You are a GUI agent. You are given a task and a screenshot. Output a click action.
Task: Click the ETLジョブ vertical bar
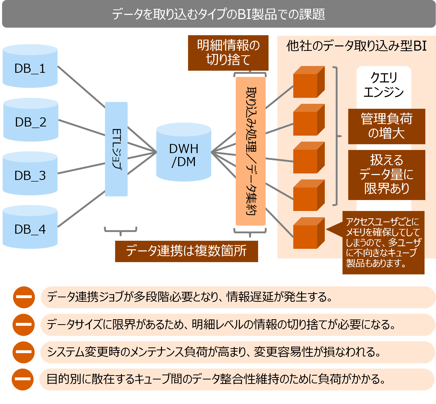point(116,149)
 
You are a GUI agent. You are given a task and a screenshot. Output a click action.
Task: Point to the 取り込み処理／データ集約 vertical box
point(251,151)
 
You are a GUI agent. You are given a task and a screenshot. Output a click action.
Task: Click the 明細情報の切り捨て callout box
point(228,53)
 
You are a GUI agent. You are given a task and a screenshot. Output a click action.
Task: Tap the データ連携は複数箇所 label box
point(186,251)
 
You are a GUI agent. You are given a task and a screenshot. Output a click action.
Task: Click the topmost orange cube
point(308,82)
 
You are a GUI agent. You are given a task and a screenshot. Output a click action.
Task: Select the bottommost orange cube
point(308,234)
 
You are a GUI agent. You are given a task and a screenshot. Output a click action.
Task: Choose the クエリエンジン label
point(384,85)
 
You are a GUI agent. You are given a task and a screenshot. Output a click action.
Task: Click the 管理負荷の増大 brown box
point(387,126)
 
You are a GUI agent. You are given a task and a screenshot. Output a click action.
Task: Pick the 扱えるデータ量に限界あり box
point(387,175)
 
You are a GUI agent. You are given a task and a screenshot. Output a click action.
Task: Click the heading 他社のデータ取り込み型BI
point(356,46)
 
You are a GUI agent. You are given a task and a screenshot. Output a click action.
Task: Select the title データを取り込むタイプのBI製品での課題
point(218,14)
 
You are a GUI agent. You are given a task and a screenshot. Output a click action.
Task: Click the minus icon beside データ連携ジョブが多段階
point(24,297)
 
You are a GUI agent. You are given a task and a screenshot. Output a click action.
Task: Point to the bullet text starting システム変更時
point(214,352)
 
